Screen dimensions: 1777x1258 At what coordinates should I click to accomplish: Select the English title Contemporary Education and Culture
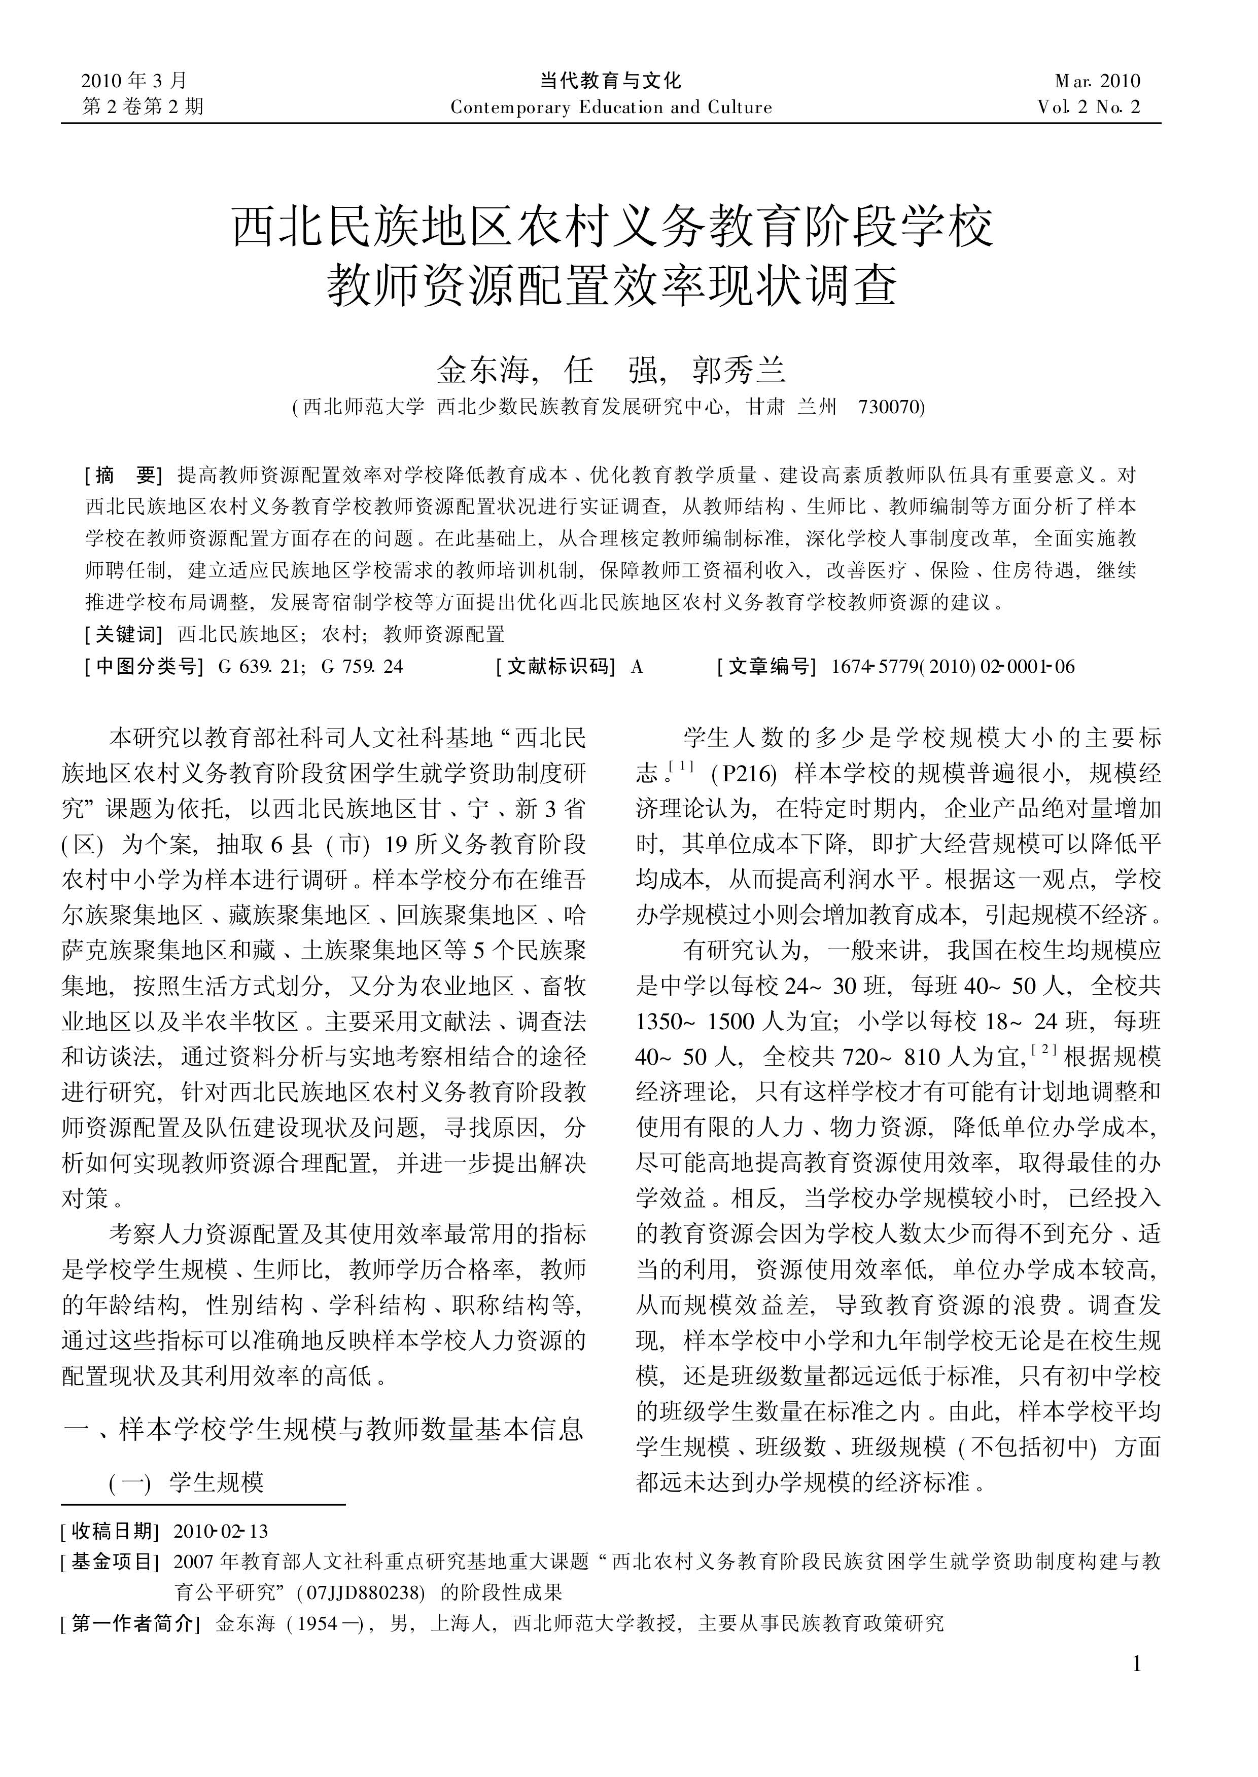611,107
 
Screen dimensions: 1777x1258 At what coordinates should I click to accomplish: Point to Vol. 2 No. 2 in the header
1089,107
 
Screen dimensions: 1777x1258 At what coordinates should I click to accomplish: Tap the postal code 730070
889,407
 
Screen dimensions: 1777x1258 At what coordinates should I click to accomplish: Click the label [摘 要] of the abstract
123,475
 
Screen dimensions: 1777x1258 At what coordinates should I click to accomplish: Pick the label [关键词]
123,635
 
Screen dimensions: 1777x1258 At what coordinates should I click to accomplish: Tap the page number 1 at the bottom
1136,1686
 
